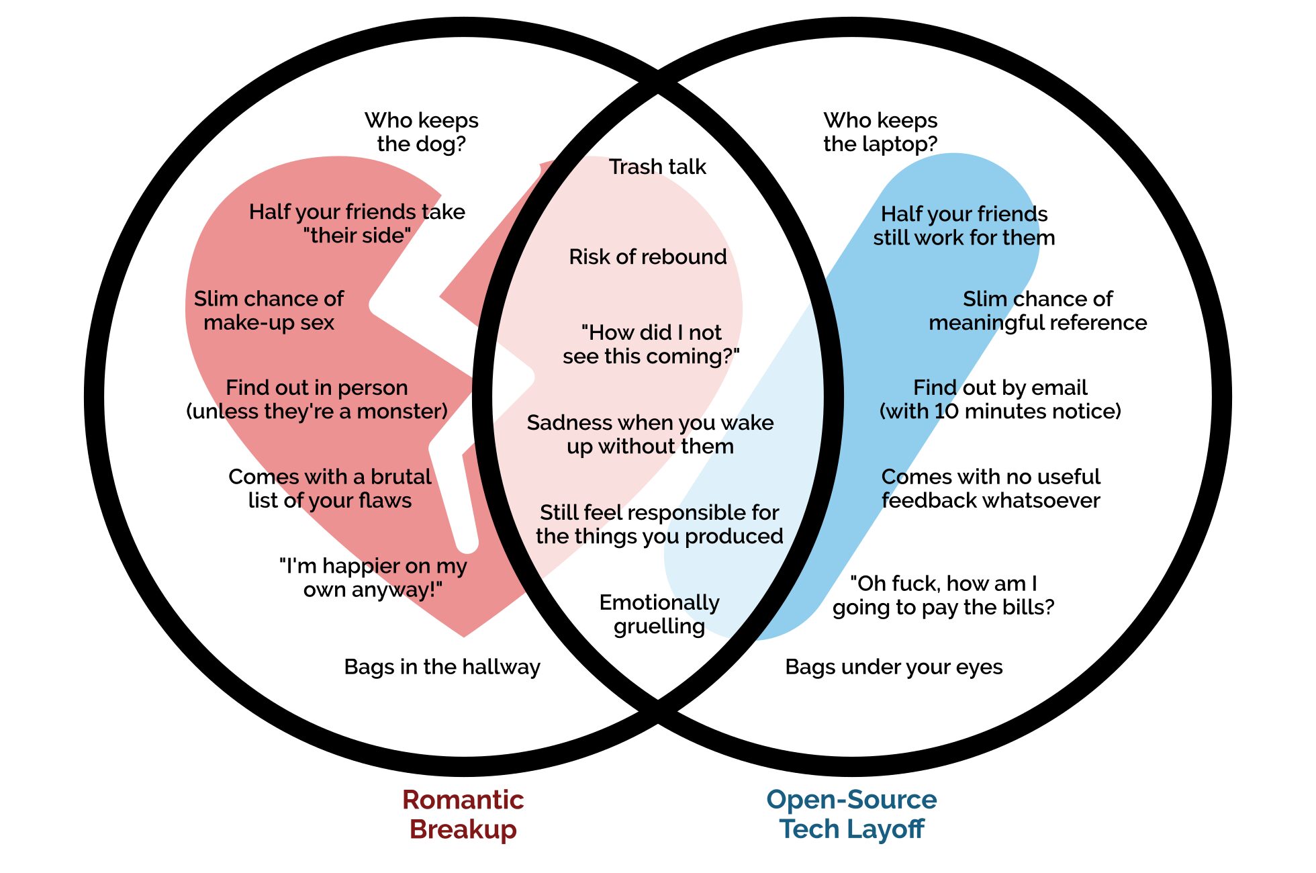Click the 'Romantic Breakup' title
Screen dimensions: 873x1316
click(x=463, y=814)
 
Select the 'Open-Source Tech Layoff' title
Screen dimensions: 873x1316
click(x=851, y=814)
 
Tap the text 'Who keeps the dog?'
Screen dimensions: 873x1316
click(x=421, y=132)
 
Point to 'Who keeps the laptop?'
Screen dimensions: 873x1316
click(x=880, y=132)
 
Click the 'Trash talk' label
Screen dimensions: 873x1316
click(x=657, y=167)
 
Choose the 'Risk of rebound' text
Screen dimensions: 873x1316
click(x=647, y=257)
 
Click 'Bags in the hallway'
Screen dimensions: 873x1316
click(x=442, y=667)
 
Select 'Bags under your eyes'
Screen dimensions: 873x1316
click(x=894, y=667)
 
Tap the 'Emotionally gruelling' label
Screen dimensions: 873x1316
click(x=659, y=614)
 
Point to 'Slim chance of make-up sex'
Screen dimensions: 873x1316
click(x=269, y=310)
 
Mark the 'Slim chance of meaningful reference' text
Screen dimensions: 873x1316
click(x=1037, y=310)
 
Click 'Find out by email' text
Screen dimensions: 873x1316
click(x=1000, y=387)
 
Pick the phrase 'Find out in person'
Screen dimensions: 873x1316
click(x=316, y=387)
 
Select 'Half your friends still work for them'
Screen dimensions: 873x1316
click(x=963, y=226)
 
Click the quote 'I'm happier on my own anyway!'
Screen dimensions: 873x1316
click(x=373, y=578)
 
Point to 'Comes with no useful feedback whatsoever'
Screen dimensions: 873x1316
click(x=990, y=488)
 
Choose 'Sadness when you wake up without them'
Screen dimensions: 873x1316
click(x=650, y=434)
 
